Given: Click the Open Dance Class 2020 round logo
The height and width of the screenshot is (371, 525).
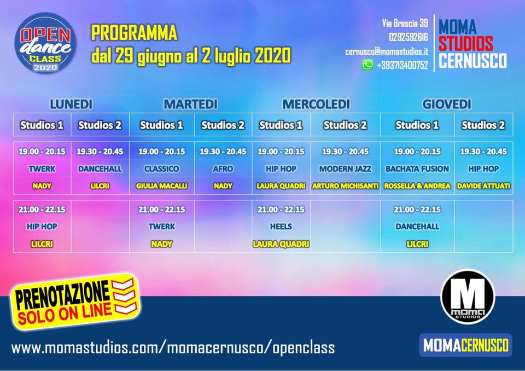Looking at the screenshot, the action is [45, 43].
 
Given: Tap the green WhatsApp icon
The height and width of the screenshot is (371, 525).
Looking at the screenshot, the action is [367, 65].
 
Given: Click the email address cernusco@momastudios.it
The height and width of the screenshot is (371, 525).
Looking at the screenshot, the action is [387, 51].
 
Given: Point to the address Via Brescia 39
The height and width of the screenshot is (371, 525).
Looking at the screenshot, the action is [405, 23].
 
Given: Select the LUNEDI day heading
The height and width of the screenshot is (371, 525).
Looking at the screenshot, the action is [71, 104].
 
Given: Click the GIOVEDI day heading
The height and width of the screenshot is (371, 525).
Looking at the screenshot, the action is [447, 104].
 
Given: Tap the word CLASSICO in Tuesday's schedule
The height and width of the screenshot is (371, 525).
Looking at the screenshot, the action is [161, 169].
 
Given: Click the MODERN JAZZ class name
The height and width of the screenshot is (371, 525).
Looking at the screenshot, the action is [345, 169].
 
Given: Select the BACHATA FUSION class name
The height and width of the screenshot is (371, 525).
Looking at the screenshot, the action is [417, 169].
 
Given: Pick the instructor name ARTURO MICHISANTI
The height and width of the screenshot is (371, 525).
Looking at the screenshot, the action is [345, 185].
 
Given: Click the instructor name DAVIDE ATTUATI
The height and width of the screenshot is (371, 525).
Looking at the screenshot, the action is [483, 185].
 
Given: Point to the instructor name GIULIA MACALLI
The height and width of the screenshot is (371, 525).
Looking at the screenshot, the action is [161, 185].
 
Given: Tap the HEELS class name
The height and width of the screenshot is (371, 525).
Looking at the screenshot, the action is [281, 227].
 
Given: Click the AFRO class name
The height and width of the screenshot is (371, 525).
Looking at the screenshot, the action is [223, 169].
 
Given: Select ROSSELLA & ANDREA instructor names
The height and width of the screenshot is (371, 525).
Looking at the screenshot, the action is [417, 185].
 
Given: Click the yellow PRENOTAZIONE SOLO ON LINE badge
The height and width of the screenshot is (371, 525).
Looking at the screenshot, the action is [75, 302].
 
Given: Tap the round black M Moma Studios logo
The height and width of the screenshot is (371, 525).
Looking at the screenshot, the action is [468, 297].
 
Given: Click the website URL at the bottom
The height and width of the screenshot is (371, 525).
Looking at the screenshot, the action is [173, 347].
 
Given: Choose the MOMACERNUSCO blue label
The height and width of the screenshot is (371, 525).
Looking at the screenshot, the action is [466, 345].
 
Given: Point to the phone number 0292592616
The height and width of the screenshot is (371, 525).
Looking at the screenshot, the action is [409, 37].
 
